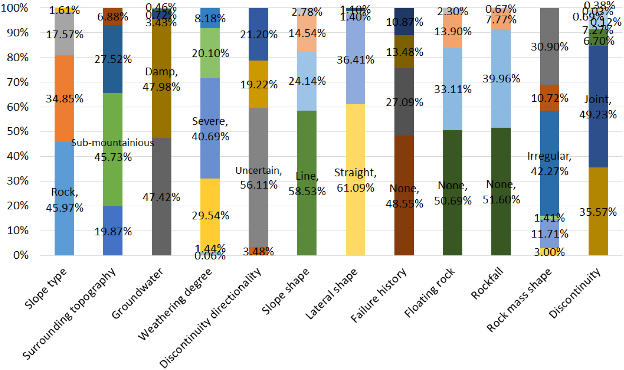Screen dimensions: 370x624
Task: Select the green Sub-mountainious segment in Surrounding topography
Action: [112, 175]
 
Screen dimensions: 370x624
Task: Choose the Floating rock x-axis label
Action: [430, 293]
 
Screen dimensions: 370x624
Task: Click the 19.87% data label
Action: [113, 232]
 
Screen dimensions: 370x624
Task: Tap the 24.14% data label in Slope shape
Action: [307, 81]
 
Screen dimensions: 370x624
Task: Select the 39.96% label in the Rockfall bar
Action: [501, 79]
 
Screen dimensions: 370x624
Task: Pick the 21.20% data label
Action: [259, 35]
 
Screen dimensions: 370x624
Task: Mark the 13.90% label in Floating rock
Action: [453, 31]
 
